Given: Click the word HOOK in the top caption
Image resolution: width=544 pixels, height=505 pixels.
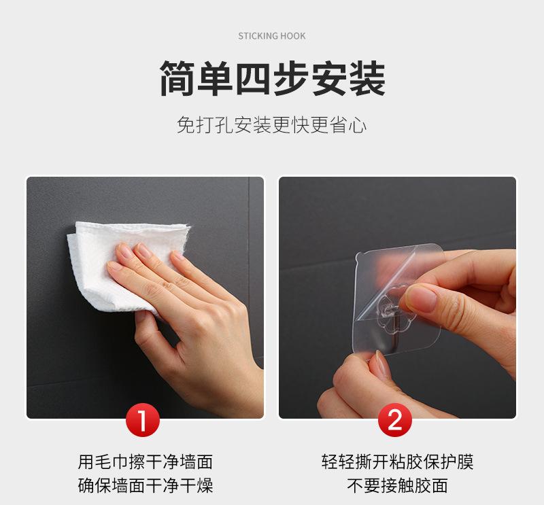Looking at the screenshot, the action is coord(293,36).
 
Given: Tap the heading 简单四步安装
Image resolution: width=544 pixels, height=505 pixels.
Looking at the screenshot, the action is coord(273,78).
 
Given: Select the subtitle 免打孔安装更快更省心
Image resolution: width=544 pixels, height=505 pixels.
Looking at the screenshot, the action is coord(271,125).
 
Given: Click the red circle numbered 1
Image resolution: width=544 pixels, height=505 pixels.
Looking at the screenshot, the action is coord(143,419).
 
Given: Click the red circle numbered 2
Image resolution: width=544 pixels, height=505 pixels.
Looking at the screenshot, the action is coord(395,419).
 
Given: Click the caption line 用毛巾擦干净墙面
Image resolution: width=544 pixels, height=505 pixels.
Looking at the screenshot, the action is coord(146,462).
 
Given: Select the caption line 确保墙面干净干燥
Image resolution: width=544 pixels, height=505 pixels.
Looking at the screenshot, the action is coord(146,485).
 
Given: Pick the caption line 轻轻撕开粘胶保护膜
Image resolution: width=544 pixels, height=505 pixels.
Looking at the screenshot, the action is coord(397,462).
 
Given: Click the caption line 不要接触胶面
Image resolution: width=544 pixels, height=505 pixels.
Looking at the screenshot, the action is coord(397,485).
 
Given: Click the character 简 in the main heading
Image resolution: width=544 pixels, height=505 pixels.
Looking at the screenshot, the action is coord(177,78).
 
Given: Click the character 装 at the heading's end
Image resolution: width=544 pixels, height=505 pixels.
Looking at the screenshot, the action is coord(367,78).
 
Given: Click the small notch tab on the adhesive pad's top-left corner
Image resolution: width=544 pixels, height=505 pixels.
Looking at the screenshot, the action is coord(358,258).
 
